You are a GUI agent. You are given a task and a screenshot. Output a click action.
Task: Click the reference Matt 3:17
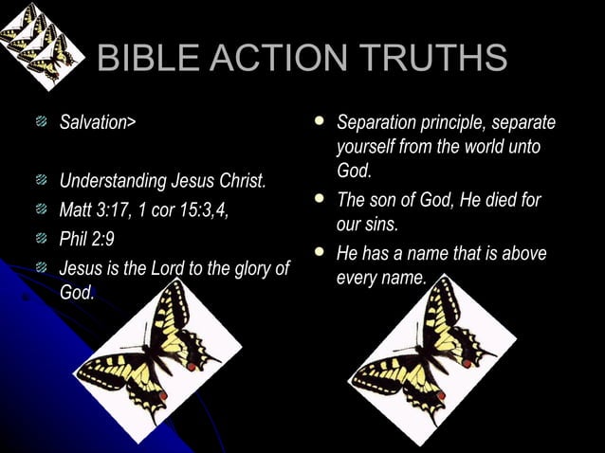pos(100,209)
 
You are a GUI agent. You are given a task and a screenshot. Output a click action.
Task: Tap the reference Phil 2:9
pos(87,239)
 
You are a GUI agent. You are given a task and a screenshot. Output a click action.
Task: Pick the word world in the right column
pos(487,149)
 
